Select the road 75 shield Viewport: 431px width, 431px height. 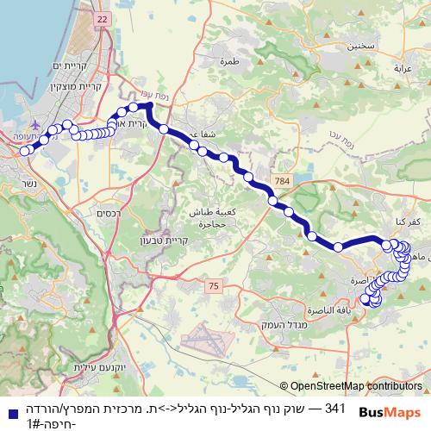click(x=214, y=284)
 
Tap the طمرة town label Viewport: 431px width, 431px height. click(x=229, y=61)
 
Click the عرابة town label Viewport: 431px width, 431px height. click(x=404, y=67)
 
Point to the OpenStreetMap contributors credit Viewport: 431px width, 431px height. click(x=356, y=387)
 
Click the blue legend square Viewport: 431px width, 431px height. click(x=9, y=412)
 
